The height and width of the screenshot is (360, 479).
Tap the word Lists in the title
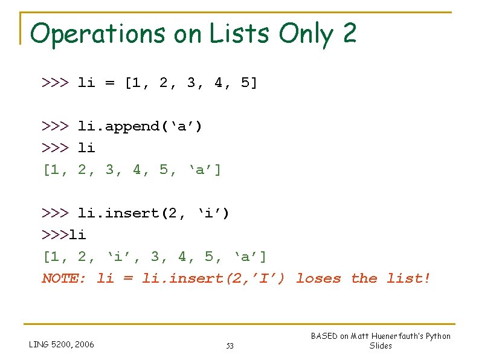click(240, 34)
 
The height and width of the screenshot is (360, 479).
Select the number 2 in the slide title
click(349, 34)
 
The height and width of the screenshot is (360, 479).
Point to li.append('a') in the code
click(140, 126)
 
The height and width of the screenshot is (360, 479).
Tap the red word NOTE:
click(64, 278)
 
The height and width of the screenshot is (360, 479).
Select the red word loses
click(318, 278)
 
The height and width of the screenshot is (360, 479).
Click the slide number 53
click(230, 346)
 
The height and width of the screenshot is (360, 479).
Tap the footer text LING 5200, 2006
click(62, 345)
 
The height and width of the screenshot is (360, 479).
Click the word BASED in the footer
click(324, 336)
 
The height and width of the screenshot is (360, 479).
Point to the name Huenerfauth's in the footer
click(397, 336)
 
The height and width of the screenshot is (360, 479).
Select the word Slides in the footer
click(381, 346)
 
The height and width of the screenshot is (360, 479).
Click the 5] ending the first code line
click(249, 83)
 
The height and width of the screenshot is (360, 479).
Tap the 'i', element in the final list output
click(121, 257)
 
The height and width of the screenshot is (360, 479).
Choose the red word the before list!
click(364, 278)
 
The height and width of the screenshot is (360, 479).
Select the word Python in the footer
click(438, 336)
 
